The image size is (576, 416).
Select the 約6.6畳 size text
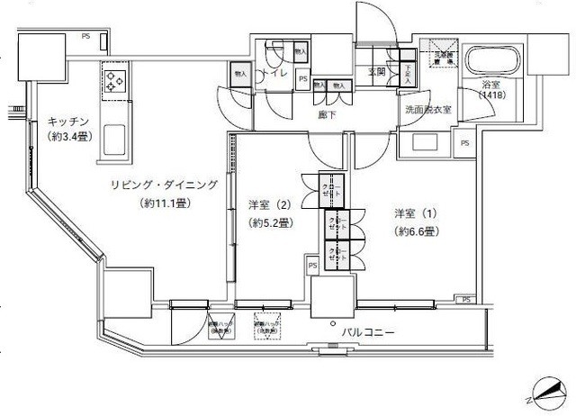pyautogui.click(x=415, y=231)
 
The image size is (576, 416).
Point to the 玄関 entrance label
pyautogui.click(x=377, y=72)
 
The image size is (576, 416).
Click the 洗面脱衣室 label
pyautogui.click(x=426, y=110)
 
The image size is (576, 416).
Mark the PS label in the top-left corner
pyautogui.click(x=85, y=37)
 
